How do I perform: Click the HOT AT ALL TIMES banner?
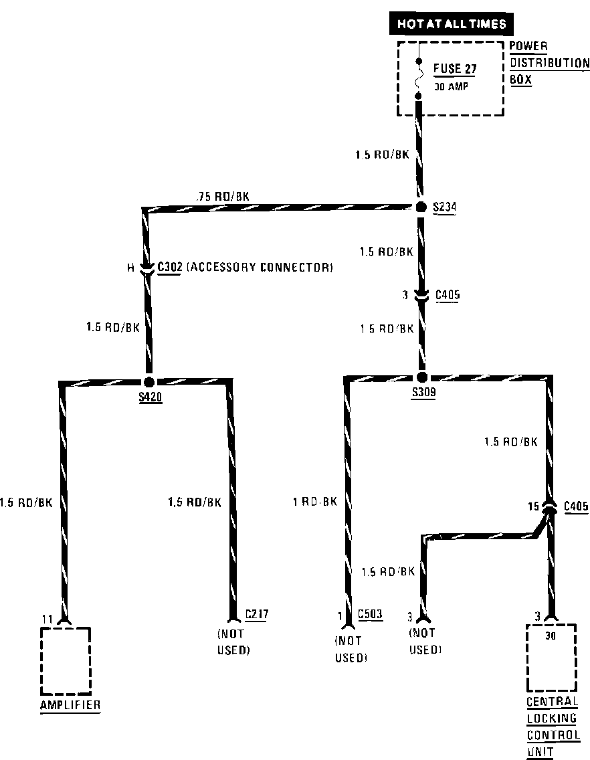click(x=452, y=24)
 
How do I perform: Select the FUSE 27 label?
click(x=456, y=68)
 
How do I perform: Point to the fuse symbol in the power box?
click(x=419, y=79)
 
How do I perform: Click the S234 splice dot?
click(x=421, y=207)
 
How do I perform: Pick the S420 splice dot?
click(x=149, y=381)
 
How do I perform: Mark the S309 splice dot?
click(x=421, y=377)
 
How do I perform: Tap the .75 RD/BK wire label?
click(x=223, y=197)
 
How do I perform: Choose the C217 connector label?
click(x=257, y=613)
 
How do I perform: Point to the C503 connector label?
click(x=370, y=613)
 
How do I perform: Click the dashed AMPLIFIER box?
click(x=65, y=660)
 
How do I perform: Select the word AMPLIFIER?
click(x=70, y=705)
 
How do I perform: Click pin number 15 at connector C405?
click(x=532, y=507)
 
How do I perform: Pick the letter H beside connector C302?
click(x=131, y=268)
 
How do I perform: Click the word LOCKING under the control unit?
click(x=551, y=719)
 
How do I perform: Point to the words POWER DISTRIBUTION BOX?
click(x=549, y=62)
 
